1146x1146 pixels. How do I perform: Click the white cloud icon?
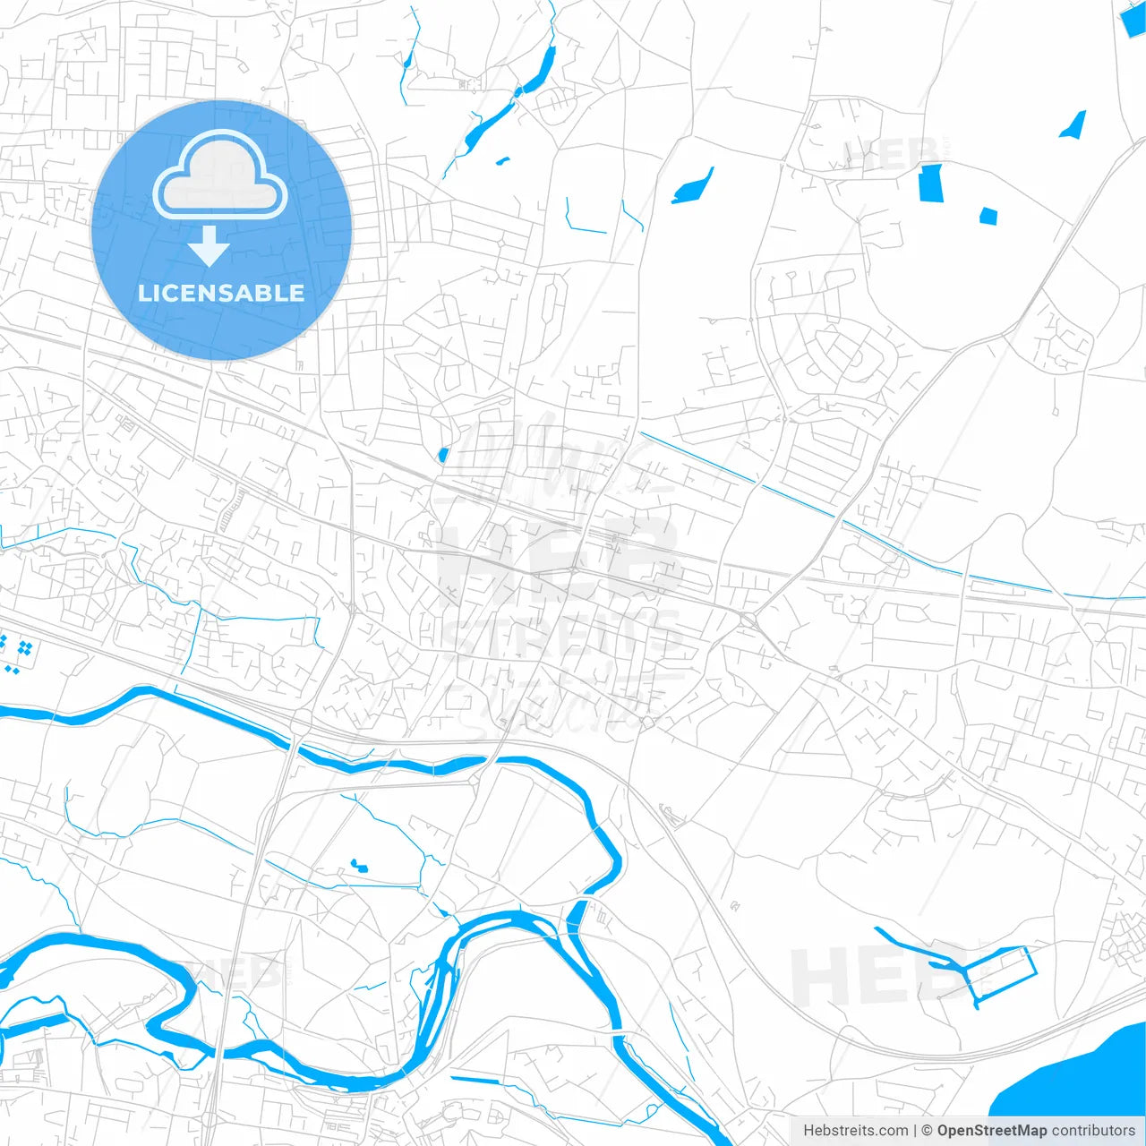click(220, 176)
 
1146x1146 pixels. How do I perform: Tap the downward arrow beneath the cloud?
click(210, 246)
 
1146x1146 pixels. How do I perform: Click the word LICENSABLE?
click(221, 293)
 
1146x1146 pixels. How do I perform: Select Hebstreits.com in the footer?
click(855, 1131)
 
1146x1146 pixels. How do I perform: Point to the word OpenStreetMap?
click(991, 1131)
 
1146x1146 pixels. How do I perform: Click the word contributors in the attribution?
click(1093, 1131)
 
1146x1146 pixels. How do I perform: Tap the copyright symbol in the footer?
click(927, 1131)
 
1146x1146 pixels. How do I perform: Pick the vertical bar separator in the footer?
click(915, 1131)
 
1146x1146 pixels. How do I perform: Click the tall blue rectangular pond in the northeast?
click(931, 184)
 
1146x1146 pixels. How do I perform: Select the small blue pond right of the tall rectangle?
click(988, 216)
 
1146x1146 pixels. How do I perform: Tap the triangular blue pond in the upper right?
click(1074, 125)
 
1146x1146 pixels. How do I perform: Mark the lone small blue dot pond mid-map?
click(442, 455)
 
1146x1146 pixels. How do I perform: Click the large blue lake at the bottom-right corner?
click(1074, 1083)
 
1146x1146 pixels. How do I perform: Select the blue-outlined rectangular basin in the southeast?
click(1003, 971)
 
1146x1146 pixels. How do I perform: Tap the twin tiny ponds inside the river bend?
click(359, 866)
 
